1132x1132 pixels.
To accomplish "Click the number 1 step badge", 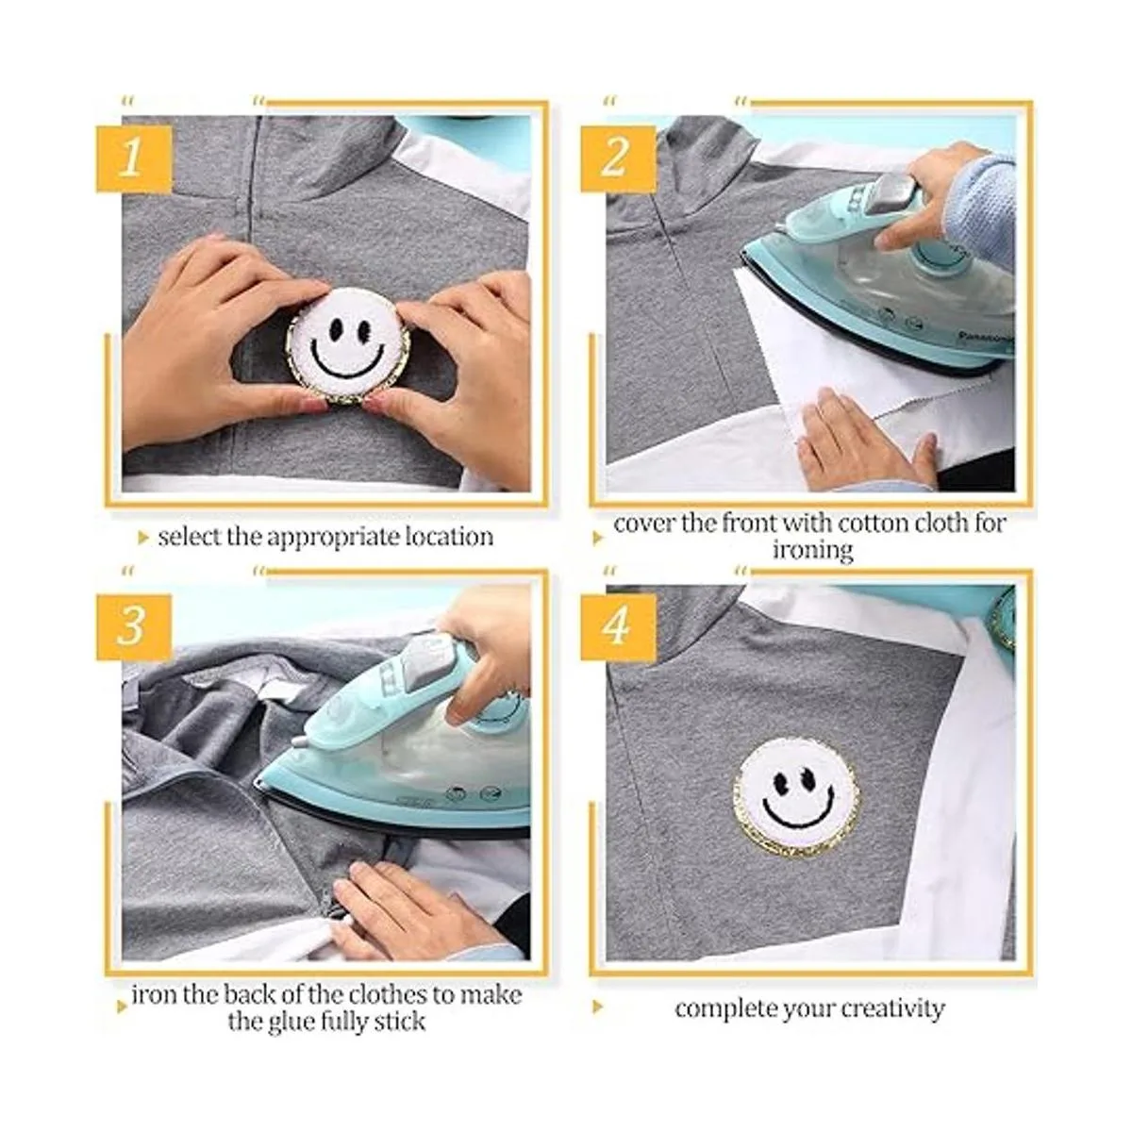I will (133, 155).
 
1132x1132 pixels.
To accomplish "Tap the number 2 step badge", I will (617, 155).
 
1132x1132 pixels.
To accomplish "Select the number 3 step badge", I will (133, 626).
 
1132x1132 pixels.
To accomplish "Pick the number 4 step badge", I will (617, 626).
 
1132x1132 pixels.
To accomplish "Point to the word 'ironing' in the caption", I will (812, 550).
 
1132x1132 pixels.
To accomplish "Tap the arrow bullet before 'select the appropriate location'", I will (143, 539).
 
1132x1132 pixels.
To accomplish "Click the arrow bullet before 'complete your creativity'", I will (598, 1009).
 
